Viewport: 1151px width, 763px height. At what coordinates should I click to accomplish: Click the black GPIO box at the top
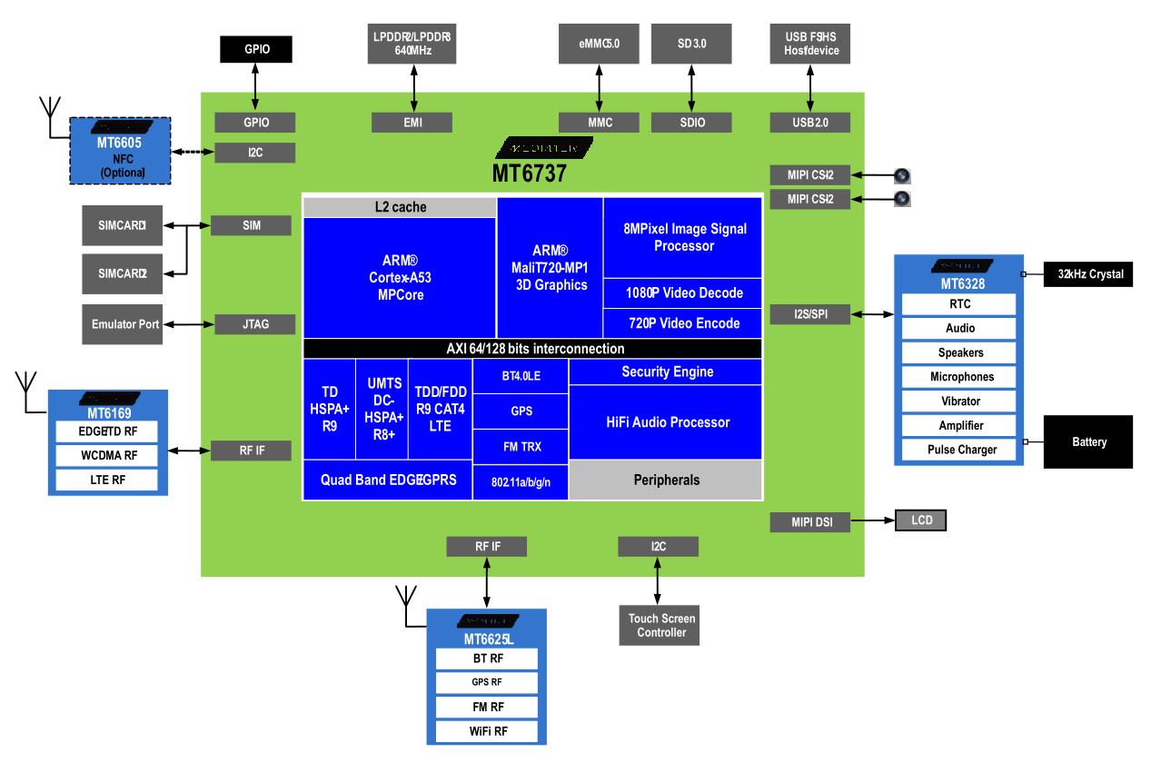(x=256, y=49)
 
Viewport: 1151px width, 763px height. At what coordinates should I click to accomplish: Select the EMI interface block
(x=412, y=122)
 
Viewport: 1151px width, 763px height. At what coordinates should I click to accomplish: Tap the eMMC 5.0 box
(x=599, y=44)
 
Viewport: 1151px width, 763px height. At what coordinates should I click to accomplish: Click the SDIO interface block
(x=691, y=122)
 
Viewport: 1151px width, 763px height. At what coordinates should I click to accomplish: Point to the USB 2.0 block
(x=810, y=122)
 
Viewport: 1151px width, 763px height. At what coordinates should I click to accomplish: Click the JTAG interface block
(x=255, y=324)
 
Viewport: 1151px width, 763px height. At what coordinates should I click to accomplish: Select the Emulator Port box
(x=125, y=324)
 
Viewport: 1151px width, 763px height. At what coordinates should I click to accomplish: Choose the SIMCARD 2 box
(x=123, y=273)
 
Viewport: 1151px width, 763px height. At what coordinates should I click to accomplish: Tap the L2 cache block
(x=400, y=207)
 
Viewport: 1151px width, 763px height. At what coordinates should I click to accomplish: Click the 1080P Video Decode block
(x=683, y=293)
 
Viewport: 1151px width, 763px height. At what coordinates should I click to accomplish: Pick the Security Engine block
(x=667, y=372)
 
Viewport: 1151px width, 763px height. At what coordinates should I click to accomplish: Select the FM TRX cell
(x=521, y=446)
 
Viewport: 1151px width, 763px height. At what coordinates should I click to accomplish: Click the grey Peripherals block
(x=666, y=480)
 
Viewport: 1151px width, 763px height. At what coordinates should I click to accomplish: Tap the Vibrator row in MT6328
(x=960, y=401)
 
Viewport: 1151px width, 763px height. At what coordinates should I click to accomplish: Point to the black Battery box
(x=1088, y=441)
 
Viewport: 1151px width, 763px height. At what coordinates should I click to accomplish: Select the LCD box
(x=921, y=520)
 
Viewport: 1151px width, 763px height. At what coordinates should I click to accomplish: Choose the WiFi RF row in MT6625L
(x=488, y=731)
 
